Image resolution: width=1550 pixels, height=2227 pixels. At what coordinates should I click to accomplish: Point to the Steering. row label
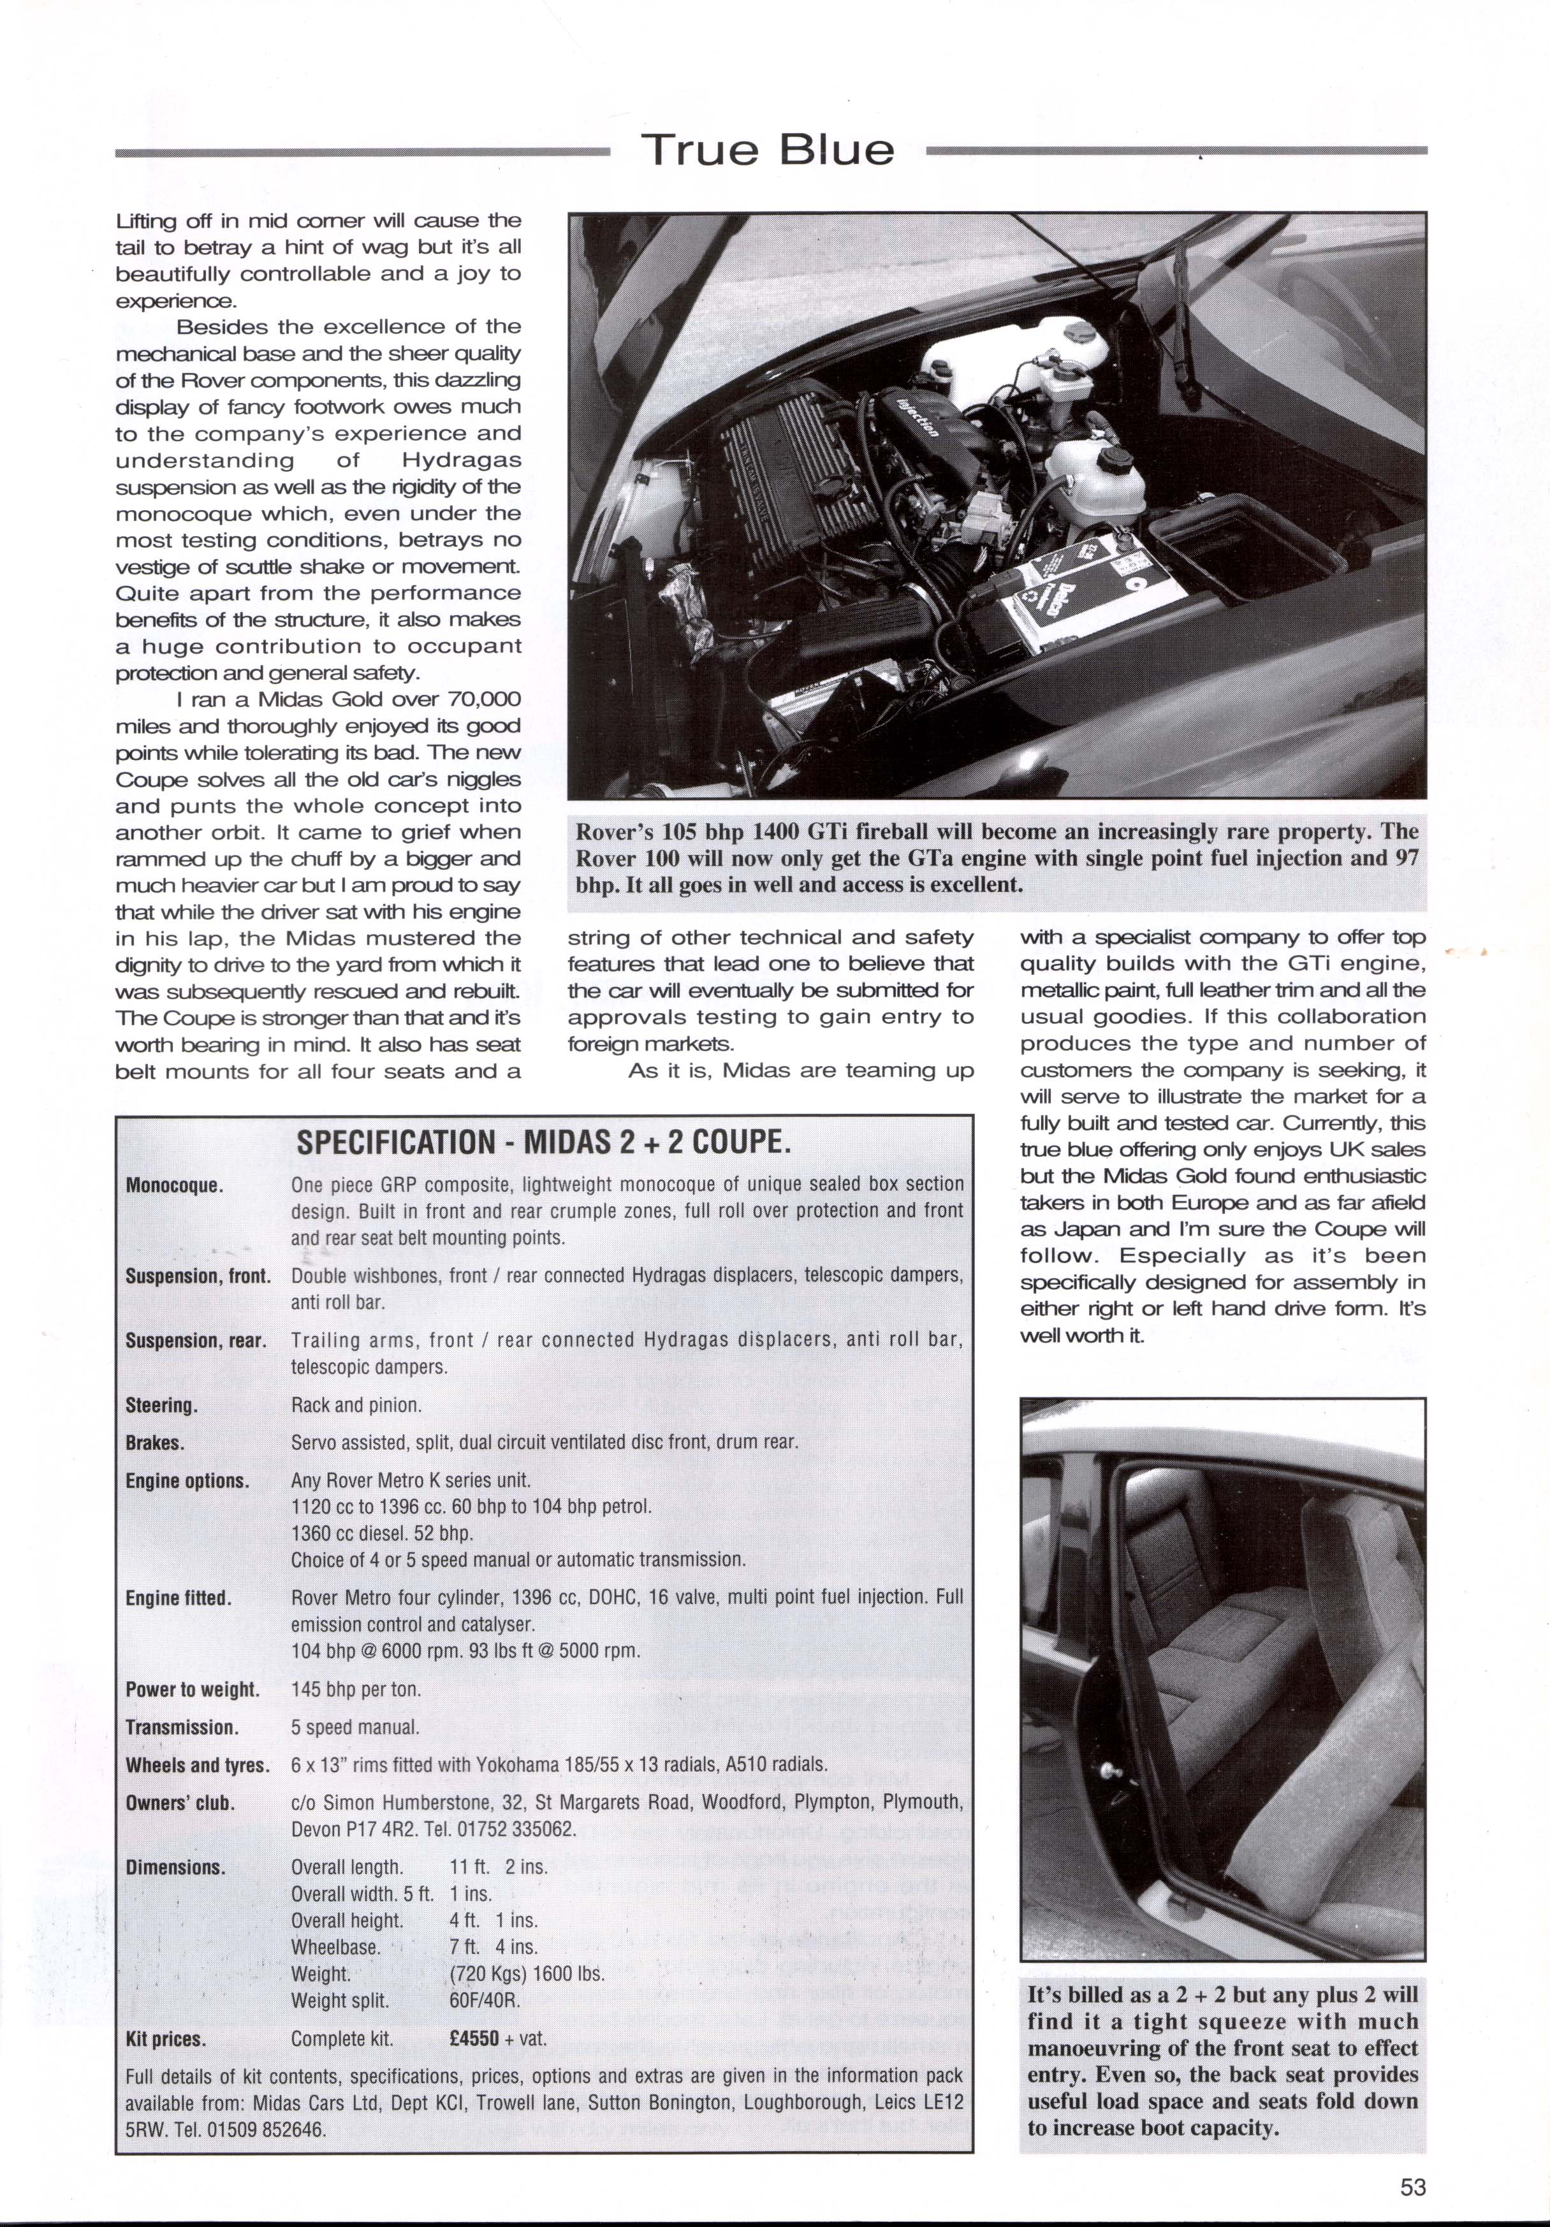click(162, 1405)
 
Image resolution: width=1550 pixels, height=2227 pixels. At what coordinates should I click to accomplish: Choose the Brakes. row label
click(155, 1442)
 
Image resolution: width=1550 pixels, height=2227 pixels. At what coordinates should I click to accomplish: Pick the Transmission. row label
click(181, 1728)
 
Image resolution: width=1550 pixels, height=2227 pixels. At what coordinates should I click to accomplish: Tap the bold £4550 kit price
click(474, 2038)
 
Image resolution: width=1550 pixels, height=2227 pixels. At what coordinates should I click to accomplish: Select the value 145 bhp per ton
click(356, 1690)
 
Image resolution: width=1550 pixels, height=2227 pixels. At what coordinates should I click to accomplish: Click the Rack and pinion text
click(356, 1405)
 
